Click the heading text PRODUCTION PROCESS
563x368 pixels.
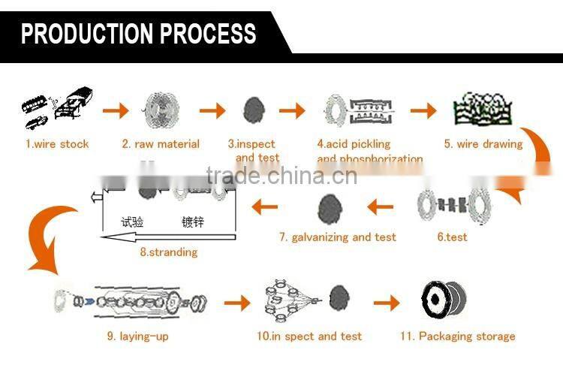click(138, 34)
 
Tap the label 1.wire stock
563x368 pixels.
click(57, 144)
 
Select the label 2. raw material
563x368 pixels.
click(161, 144)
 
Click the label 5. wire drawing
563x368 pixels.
click(483, 144)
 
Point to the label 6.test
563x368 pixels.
click(452, 237)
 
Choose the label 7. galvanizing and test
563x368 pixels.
click(338, 237)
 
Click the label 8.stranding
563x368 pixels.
click(169, 252)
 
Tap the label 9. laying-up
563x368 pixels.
click(144, 336)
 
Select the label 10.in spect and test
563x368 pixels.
click(309, 336)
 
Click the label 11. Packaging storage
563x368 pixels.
click(457, 336)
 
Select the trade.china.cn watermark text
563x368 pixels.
click(281, 178)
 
